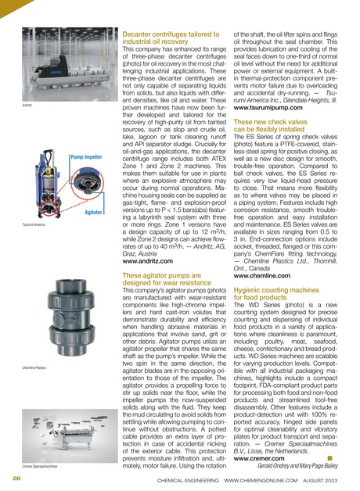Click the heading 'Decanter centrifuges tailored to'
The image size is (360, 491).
click(171, 34)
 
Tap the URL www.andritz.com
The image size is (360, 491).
click(148, 261)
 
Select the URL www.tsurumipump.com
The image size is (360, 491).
click(268, 108)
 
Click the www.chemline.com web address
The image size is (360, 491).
click(262, 276)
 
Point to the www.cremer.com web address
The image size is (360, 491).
click(259, 459)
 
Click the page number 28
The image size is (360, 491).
click(16, 478)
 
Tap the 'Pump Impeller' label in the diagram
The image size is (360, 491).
click(86, 157)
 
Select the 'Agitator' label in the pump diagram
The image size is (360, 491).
click(93, 213)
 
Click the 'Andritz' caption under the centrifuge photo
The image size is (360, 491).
click(27, 106)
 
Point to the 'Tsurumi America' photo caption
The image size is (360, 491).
click(34, 224)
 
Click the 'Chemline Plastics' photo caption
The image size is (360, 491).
click(34, 367)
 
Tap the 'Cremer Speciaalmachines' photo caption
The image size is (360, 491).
click(40, 466)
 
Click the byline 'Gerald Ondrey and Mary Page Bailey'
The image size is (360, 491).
click(297, 466)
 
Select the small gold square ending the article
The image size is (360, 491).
click(329, 458)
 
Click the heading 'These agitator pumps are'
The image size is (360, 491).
click(162, 275)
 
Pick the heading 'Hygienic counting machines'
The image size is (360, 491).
click(276, 290)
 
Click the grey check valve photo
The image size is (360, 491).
click(70, 317)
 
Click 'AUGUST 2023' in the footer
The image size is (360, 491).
click(320, 480)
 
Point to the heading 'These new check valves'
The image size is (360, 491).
click(270, 122)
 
